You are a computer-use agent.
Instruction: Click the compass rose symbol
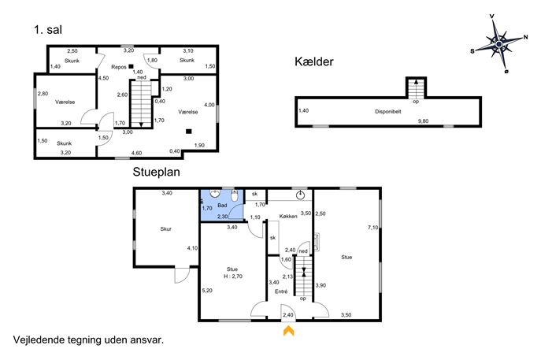click(499, 44)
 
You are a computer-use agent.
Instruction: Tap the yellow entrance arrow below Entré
click(288, 331)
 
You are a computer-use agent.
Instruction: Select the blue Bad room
click(222, 206)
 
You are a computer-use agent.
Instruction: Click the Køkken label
click(288, 217)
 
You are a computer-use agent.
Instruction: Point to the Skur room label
click(165, 228)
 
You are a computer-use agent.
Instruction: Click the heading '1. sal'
click(48, 30)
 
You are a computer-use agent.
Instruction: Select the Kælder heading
click(314, 61)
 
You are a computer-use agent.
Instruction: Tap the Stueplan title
click(156, 172)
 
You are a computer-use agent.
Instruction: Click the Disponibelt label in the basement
click(387, 112)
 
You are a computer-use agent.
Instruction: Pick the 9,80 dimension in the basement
click(423, 121)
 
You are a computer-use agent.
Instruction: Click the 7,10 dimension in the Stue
click(373, 228)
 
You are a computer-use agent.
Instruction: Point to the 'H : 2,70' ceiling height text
click(233, 276)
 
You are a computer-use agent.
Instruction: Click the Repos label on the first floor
click(119, 67)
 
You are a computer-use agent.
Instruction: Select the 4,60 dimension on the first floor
click(136, 153)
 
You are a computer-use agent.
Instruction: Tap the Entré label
click(281, 291)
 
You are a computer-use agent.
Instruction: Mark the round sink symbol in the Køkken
click(300, 195)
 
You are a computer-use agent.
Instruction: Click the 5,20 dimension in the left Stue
click(207, 291)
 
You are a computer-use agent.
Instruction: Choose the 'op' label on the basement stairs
click(416, 102)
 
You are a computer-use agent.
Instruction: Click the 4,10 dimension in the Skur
click(192, 248)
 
